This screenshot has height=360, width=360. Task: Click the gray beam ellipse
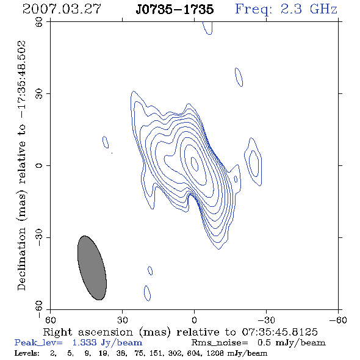click(92, 268)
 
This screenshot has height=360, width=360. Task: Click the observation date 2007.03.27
click(62, 9)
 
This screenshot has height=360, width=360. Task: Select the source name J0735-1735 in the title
click(175, 9)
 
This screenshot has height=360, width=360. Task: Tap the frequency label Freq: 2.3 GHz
click(286, 9)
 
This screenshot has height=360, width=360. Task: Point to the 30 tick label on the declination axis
click(39, 94)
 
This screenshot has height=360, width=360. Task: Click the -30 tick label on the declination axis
click(39, 237)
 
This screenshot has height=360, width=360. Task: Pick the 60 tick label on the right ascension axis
click(50, 320)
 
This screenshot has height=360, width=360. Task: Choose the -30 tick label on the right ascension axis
click(266, 320)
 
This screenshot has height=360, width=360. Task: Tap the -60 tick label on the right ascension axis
click(338, 320)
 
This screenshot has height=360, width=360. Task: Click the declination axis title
click(22, 165)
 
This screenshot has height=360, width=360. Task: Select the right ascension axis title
click(180, 332)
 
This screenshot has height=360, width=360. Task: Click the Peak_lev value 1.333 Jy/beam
click(107, 343)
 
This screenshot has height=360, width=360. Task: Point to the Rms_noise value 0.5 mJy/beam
click(291, 343)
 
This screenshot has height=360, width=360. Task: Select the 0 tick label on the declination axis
click(39, 165)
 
